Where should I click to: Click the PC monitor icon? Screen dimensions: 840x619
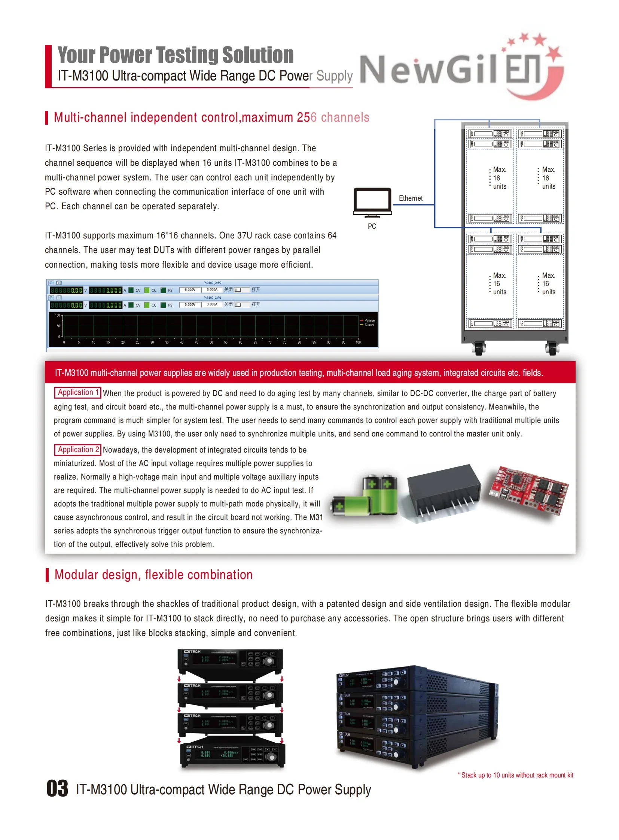(x=372, y=202)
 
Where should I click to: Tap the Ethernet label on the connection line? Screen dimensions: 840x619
(x=410, y=198)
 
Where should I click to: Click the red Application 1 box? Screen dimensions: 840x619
(x=77, y=392)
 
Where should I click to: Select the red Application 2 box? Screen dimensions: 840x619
(x=77, y=450)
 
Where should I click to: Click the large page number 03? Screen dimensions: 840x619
(x=57, y=788)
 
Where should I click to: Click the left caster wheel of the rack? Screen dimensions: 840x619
(x=479, y=348)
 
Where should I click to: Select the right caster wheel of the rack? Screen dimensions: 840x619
(x=551, y=348)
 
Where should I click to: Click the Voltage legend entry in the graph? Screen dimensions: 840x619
(x=369, y=320)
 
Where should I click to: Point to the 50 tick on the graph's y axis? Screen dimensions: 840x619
(x=58, y=326)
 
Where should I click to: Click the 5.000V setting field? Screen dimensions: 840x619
(x=190, y=290)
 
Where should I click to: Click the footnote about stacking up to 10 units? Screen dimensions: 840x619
(x=516, y=775)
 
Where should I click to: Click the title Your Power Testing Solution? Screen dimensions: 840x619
(x=176, y=55)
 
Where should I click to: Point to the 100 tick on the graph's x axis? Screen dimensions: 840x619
(x=358, y=342)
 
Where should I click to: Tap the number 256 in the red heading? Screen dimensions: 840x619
(x=307, y=117)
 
